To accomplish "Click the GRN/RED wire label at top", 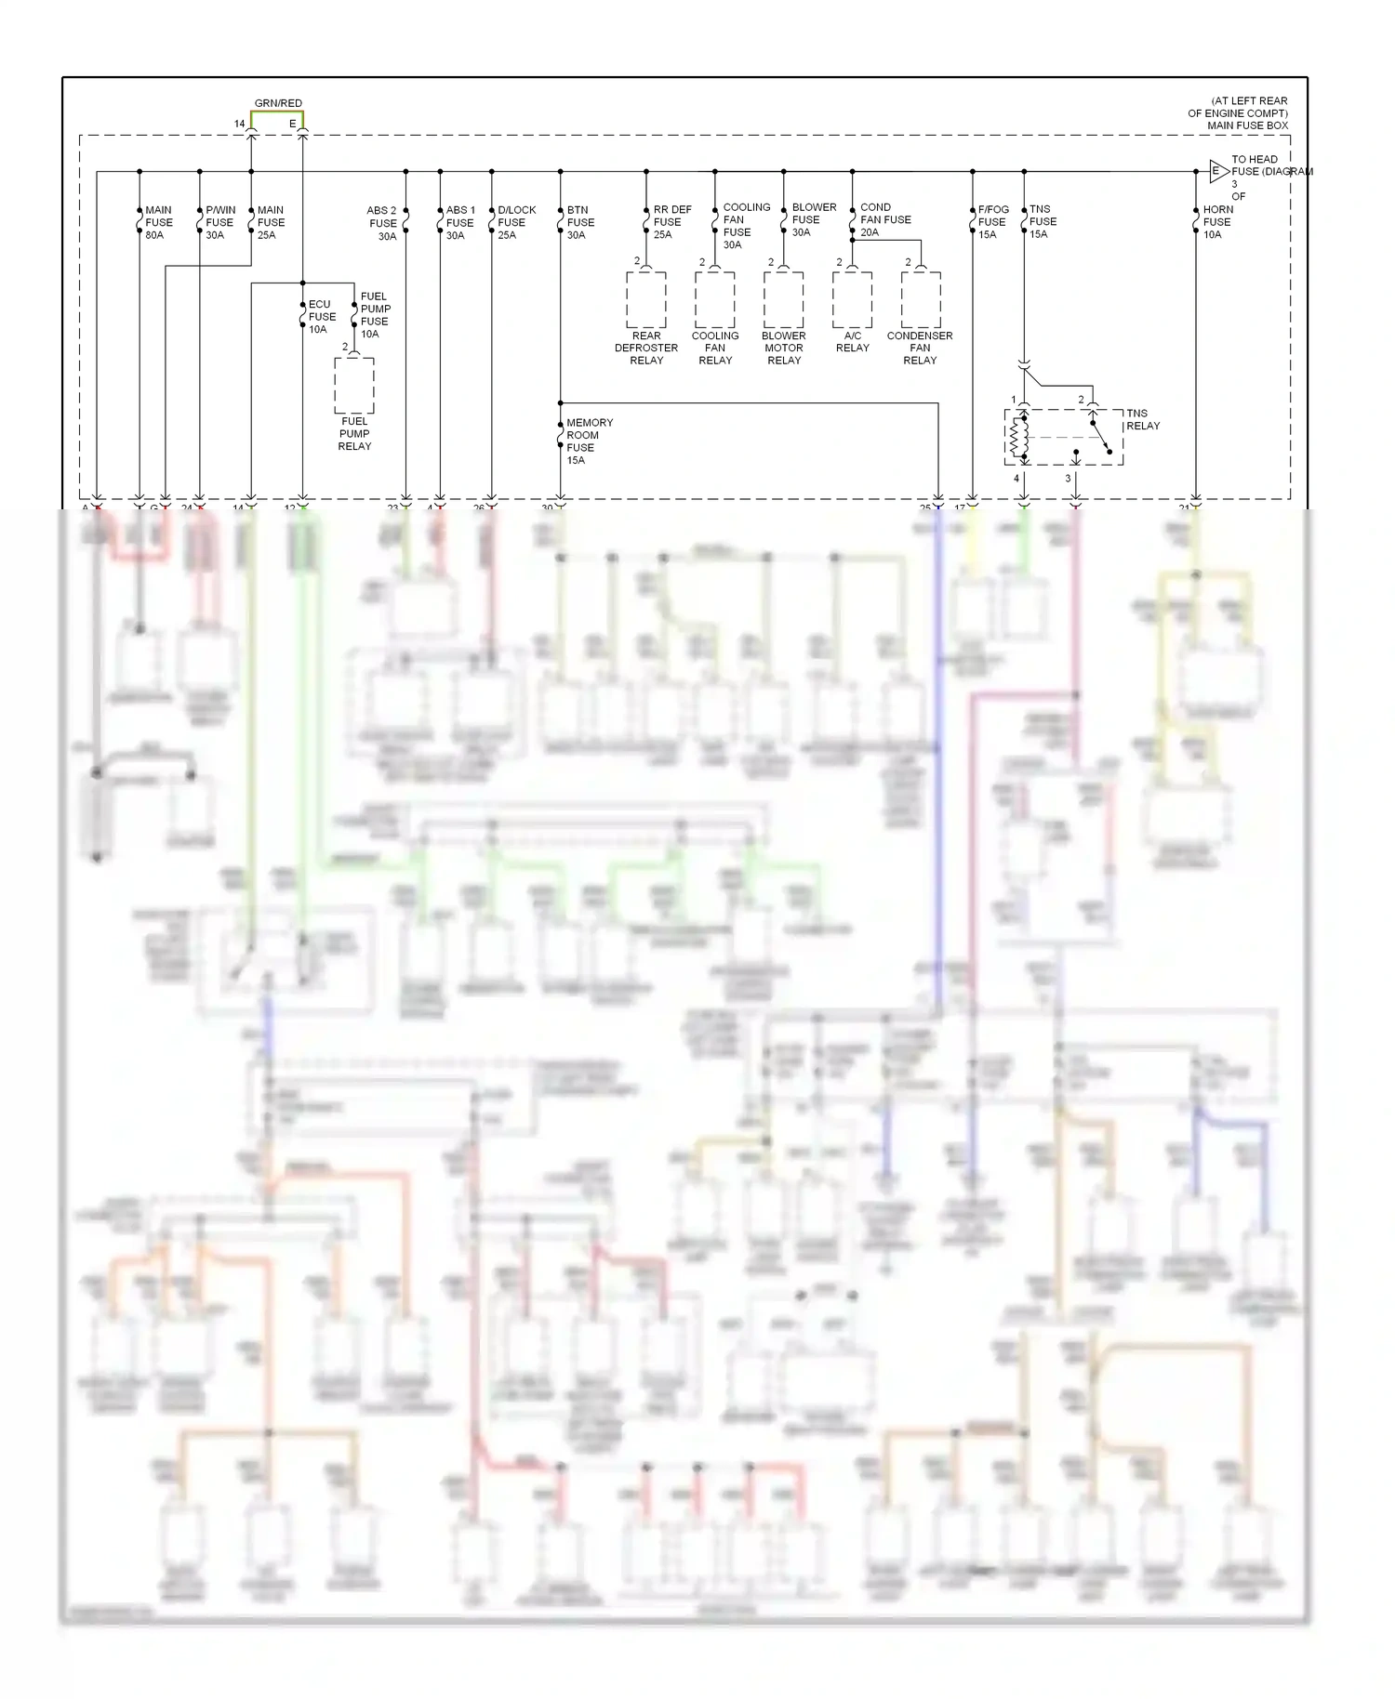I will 278,103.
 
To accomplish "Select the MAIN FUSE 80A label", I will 158,223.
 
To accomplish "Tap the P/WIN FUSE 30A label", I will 219,223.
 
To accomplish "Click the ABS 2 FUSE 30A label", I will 382,223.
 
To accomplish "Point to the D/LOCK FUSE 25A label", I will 515,223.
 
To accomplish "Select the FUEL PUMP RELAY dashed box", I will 354,386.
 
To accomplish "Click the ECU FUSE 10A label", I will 321,317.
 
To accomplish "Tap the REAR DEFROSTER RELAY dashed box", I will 646,300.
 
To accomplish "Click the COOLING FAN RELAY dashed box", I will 715,300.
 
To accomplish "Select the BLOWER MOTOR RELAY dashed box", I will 784,300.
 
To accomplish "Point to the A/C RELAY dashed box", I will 852,300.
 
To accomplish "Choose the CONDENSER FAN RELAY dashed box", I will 921,300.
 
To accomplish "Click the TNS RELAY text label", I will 1142,419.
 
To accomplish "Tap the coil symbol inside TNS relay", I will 1023,437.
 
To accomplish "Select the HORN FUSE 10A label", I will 1216,222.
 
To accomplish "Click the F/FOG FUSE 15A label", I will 992,222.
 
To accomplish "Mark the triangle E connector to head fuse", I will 1217,171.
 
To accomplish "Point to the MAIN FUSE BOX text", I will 1247,125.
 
